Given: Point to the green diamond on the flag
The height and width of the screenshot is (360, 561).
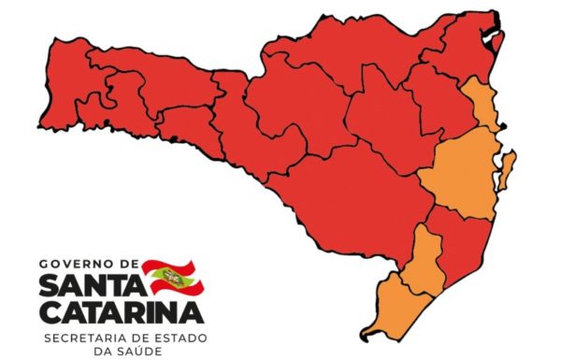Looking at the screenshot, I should (172, 276).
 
